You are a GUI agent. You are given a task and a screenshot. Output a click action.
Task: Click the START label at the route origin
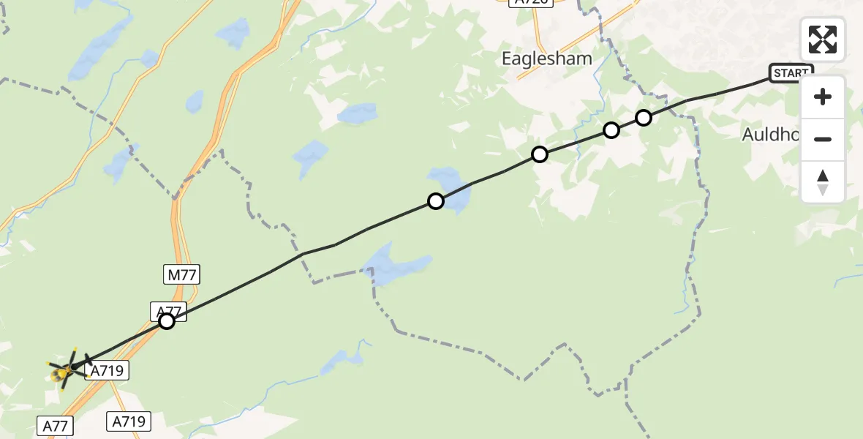[791, 73]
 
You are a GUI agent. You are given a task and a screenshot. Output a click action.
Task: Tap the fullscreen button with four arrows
[823, 40]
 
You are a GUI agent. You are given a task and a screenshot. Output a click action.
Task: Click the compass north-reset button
[823, 182]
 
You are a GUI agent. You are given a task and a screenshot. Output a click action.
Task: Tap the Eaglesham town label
[546, 59]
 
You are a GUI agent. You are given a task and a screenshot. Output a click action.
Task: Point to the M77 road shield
[181, 275]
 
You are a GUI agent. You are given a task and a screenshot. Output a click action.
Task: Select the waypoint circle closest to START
[644, 117]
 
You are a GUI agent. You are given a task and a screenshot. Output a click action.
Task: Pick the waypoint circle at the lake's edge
[436, 201]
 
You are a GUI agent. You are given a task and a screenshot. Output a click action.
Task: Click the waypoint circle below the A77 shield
[167, 321]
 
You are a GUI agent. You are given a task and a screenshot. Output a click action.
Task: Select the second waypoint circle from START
[611, 130]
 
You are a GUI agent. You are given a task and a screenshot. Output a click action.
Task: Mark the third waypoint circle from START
[540, 154]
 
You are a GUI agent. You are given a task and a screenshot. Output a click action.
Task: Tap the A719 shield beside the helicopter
[108, 372]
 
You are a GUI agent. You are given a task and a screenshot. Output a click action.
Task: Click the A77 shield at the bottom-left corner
[56, 426]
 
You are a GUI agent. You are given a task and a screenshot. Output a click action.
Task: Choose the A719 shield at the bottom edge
[129, 421]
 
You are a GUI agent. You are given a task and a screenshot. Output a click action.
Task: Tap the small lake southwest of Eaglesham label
[358, 113]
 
